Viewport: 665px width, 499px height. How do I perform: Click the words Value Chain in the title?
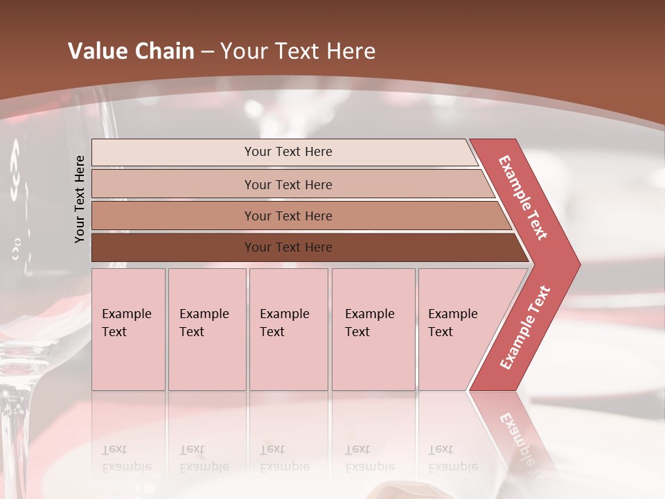click(x=131, y=51)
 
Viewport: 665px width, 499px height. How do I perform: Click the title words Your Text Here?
click(x=298, y=51)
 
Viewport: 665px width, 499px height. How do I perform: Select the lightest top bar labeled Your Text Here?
click(x=287, y=152)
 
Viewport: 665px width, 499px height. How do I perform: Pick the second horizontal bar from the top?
click(x=287, y=184)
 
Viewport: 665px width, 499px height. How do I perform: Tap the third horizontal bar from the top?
click(x=287, y=216)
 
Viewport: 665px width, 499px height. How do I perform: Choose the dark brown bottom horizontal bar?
click(x=287, y=247)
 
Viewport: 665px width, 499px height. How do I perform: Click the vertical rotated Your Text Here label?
click(x=80, y=199)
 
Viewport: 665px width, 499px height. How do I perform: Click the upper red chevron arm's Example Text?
click(x=523, y=198)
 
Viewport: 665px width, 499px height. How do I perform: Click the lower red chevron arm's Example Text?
click(x=525, y=327)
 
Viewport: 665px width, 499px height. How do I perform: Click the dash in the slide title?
click(x=207, y=52)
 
